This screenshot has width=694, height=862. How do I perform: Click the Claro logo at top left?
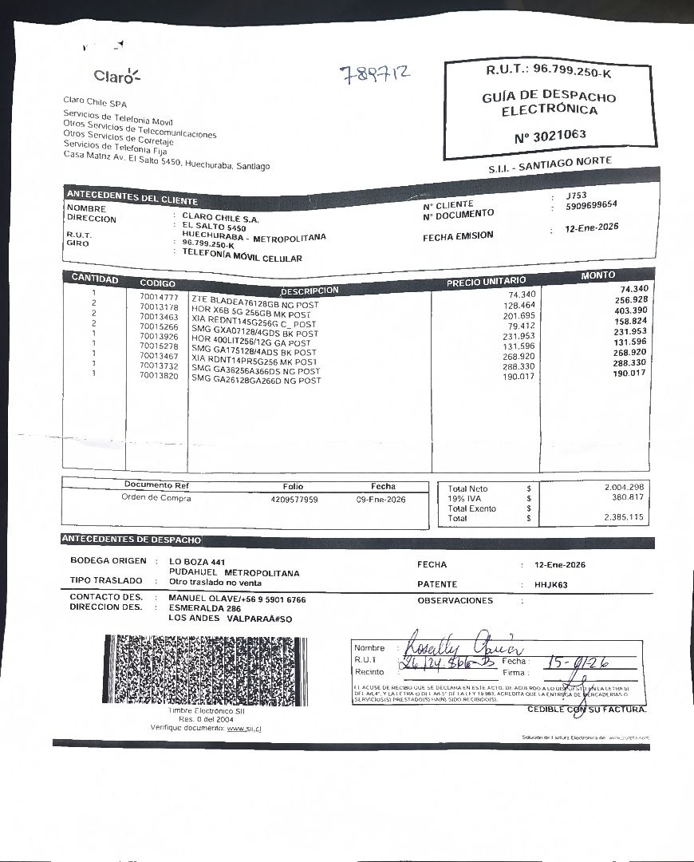coord(116,77)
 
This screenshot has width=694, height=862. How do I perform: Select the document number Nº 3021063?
coord(550,135)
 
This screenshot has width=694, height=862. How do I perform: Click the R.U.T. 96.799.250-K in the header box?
coord(550,71)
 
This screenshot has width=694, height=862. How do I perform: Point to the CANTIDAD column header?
coord(95,279)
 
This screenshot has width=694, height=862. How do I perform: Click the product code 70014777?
coord(159,297)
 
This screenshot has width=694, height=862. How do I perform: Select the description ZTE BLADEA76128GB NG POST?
coord(254,299)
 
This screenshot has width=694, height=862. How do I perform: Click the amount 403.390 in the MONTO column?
coord(631,310)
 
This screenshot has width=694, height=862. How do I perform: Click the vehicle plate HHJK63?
coord(550,584)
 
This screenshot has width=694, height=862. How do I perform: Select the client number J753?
coord(576,196)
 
